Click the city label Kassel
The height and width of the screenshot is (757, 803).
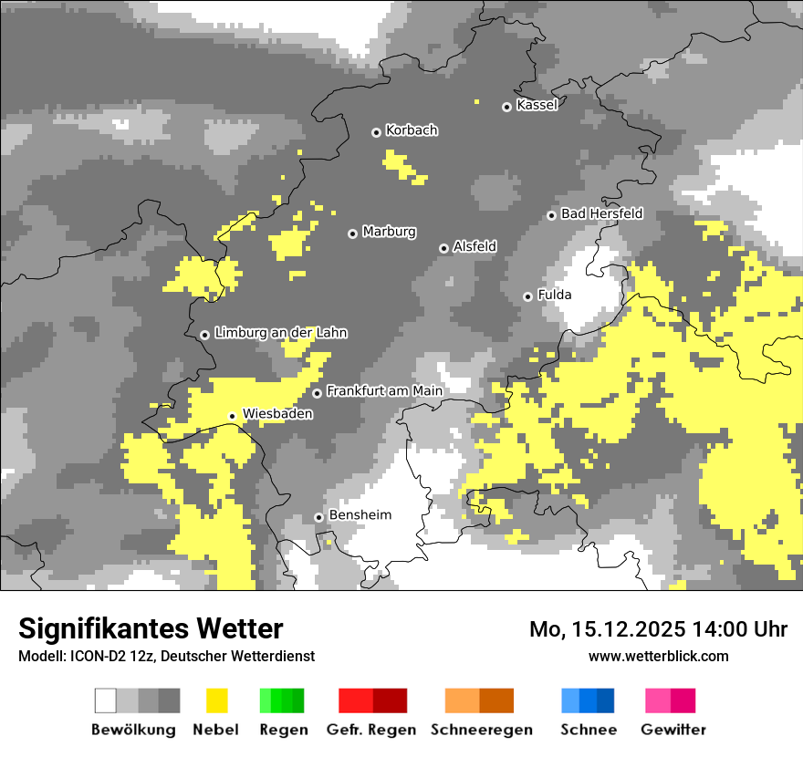(537, 105)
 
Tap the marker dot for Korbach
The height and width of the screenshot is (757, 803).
(376, 132)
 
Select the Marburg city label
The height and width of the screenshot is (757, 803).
(389, 232)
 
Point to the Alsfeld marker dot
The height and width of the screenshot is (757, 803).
(443, 248)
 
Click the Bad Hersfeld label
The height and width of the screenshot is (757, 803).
(601, 213)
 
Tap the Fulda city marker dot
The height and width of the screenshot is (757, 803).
(527, 296)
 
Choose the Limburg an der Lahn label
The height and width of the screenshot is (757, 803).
(280, 333)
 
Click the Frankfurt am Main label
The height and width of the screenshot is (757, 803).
(384, 391)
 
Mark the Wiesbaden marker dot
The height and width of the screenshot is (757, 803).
(232, 416)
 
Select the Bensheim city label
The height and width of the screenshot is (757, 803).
(360, 515)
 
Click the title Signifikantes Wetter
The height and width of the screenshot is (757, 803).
(151, 628)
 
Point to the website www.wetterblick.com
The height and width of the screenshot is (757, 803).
(658, 656)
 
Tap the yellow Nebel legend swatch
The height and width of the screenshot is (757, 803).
(216, 700)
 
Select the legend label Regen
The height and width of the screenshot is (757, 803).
(282, 730)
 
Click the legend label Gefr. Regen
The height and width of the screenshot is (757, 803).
(371, 730)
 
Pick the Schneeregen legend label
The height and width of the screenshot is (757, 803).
(481, 730)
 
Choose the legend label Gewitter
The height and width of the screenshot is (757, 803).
(673, 730)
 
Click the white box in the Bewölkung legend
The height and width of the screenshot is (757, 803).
(106, 700)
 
